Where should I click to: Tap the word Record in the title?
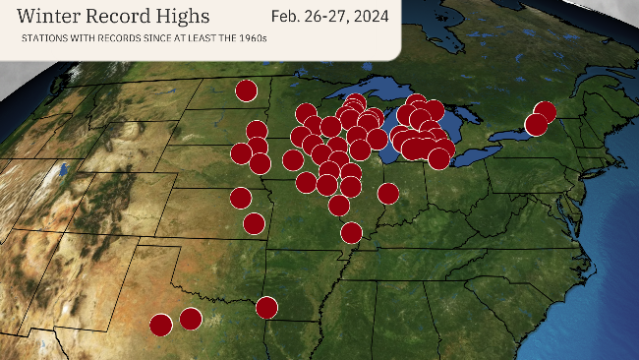[x=127, y=17]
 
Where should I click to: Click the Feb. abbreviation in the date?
[x=286, y=16]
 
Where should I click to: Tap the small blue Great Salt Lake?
[x=63, y=170]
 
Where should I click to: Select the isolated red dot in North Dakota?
[x=246, y=90]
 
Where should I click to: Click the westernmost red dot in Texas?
[x=160, y=325]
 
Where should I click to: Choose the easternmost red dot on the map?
[x=545, y=112]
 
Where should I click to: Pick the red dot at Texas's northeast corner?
[x=266, y=308]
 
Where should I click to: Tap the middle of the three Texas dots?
[x=191, y=319]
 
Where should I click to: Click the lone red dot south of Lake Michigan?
[x=388, y=193]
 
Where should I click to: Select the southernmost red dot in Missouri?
[x=351, y=233]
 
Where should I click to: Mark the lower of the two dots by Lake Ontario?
[x=536, y=125]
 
